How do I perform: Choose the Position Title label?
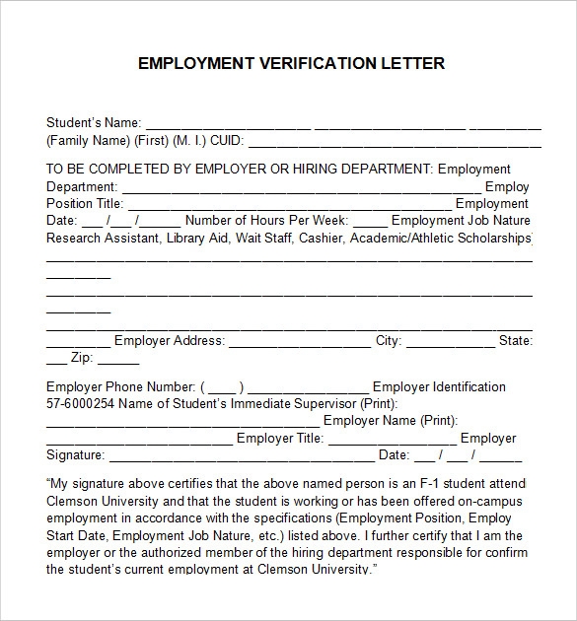[x=84, y=203]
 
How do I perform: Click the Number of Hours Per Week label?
[x=266, y=220]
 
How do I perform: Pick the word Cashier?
[x=322, y=238]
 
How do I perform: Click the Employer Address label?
[x=170, y=341]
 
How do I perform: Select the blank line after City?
[x=451, y=343]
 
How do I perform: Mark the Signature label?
[x=75, y=455]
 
